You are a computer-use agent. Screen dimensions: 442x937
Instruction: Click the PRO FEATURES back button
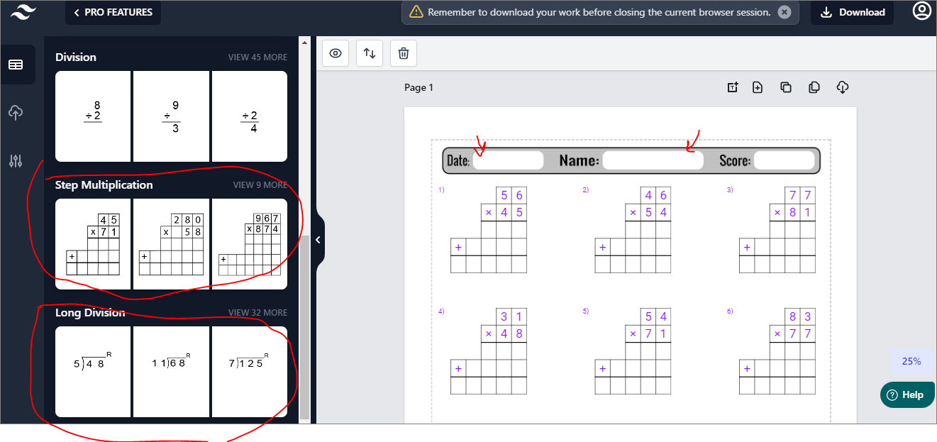113,13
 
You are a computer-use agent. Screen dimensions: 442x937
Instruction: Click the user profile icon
921,12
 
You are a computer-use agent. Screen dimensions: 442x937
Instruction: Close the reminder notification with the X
784,12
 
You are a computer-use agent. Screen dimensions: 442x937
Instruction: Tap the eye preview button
336,53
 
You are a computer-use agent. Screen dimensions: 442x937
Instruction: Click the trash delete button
404,53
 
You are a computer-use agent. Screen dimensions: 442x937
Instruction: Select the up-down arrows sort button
370,53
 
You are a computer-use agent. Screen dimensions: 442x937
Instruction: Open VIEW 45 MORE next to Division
257,57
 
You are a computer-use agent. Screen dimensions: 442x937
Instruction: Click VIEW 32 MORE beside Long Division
257,313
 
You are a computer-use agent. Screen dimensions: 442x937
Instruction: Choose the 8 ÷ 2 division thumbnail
93,116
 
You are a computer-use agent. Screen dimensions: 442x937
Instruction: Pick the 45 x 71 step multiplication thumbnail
93,244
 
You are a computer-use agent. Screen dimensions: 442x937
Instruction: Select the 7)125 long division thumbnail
249,372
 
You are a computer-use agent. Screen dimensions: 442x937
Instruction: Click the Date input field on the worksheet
508,160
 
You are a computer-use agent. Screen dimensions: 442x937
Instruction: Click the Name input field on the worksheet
653,160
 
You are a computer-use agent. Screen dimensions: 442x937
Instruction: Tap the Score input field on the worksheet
784,160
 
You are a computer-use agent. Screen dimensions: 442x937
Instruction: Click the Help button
907,395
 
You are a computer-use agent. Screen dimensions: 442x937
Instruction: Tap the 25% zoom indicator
911,361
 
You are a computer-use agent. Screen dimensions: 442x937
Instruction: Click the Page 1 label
418,88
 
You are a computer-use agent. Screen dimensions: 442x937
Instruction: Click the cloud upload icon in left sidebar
16,113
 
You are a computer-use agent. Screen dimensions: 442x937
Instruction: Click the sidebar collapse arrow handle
318,240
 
